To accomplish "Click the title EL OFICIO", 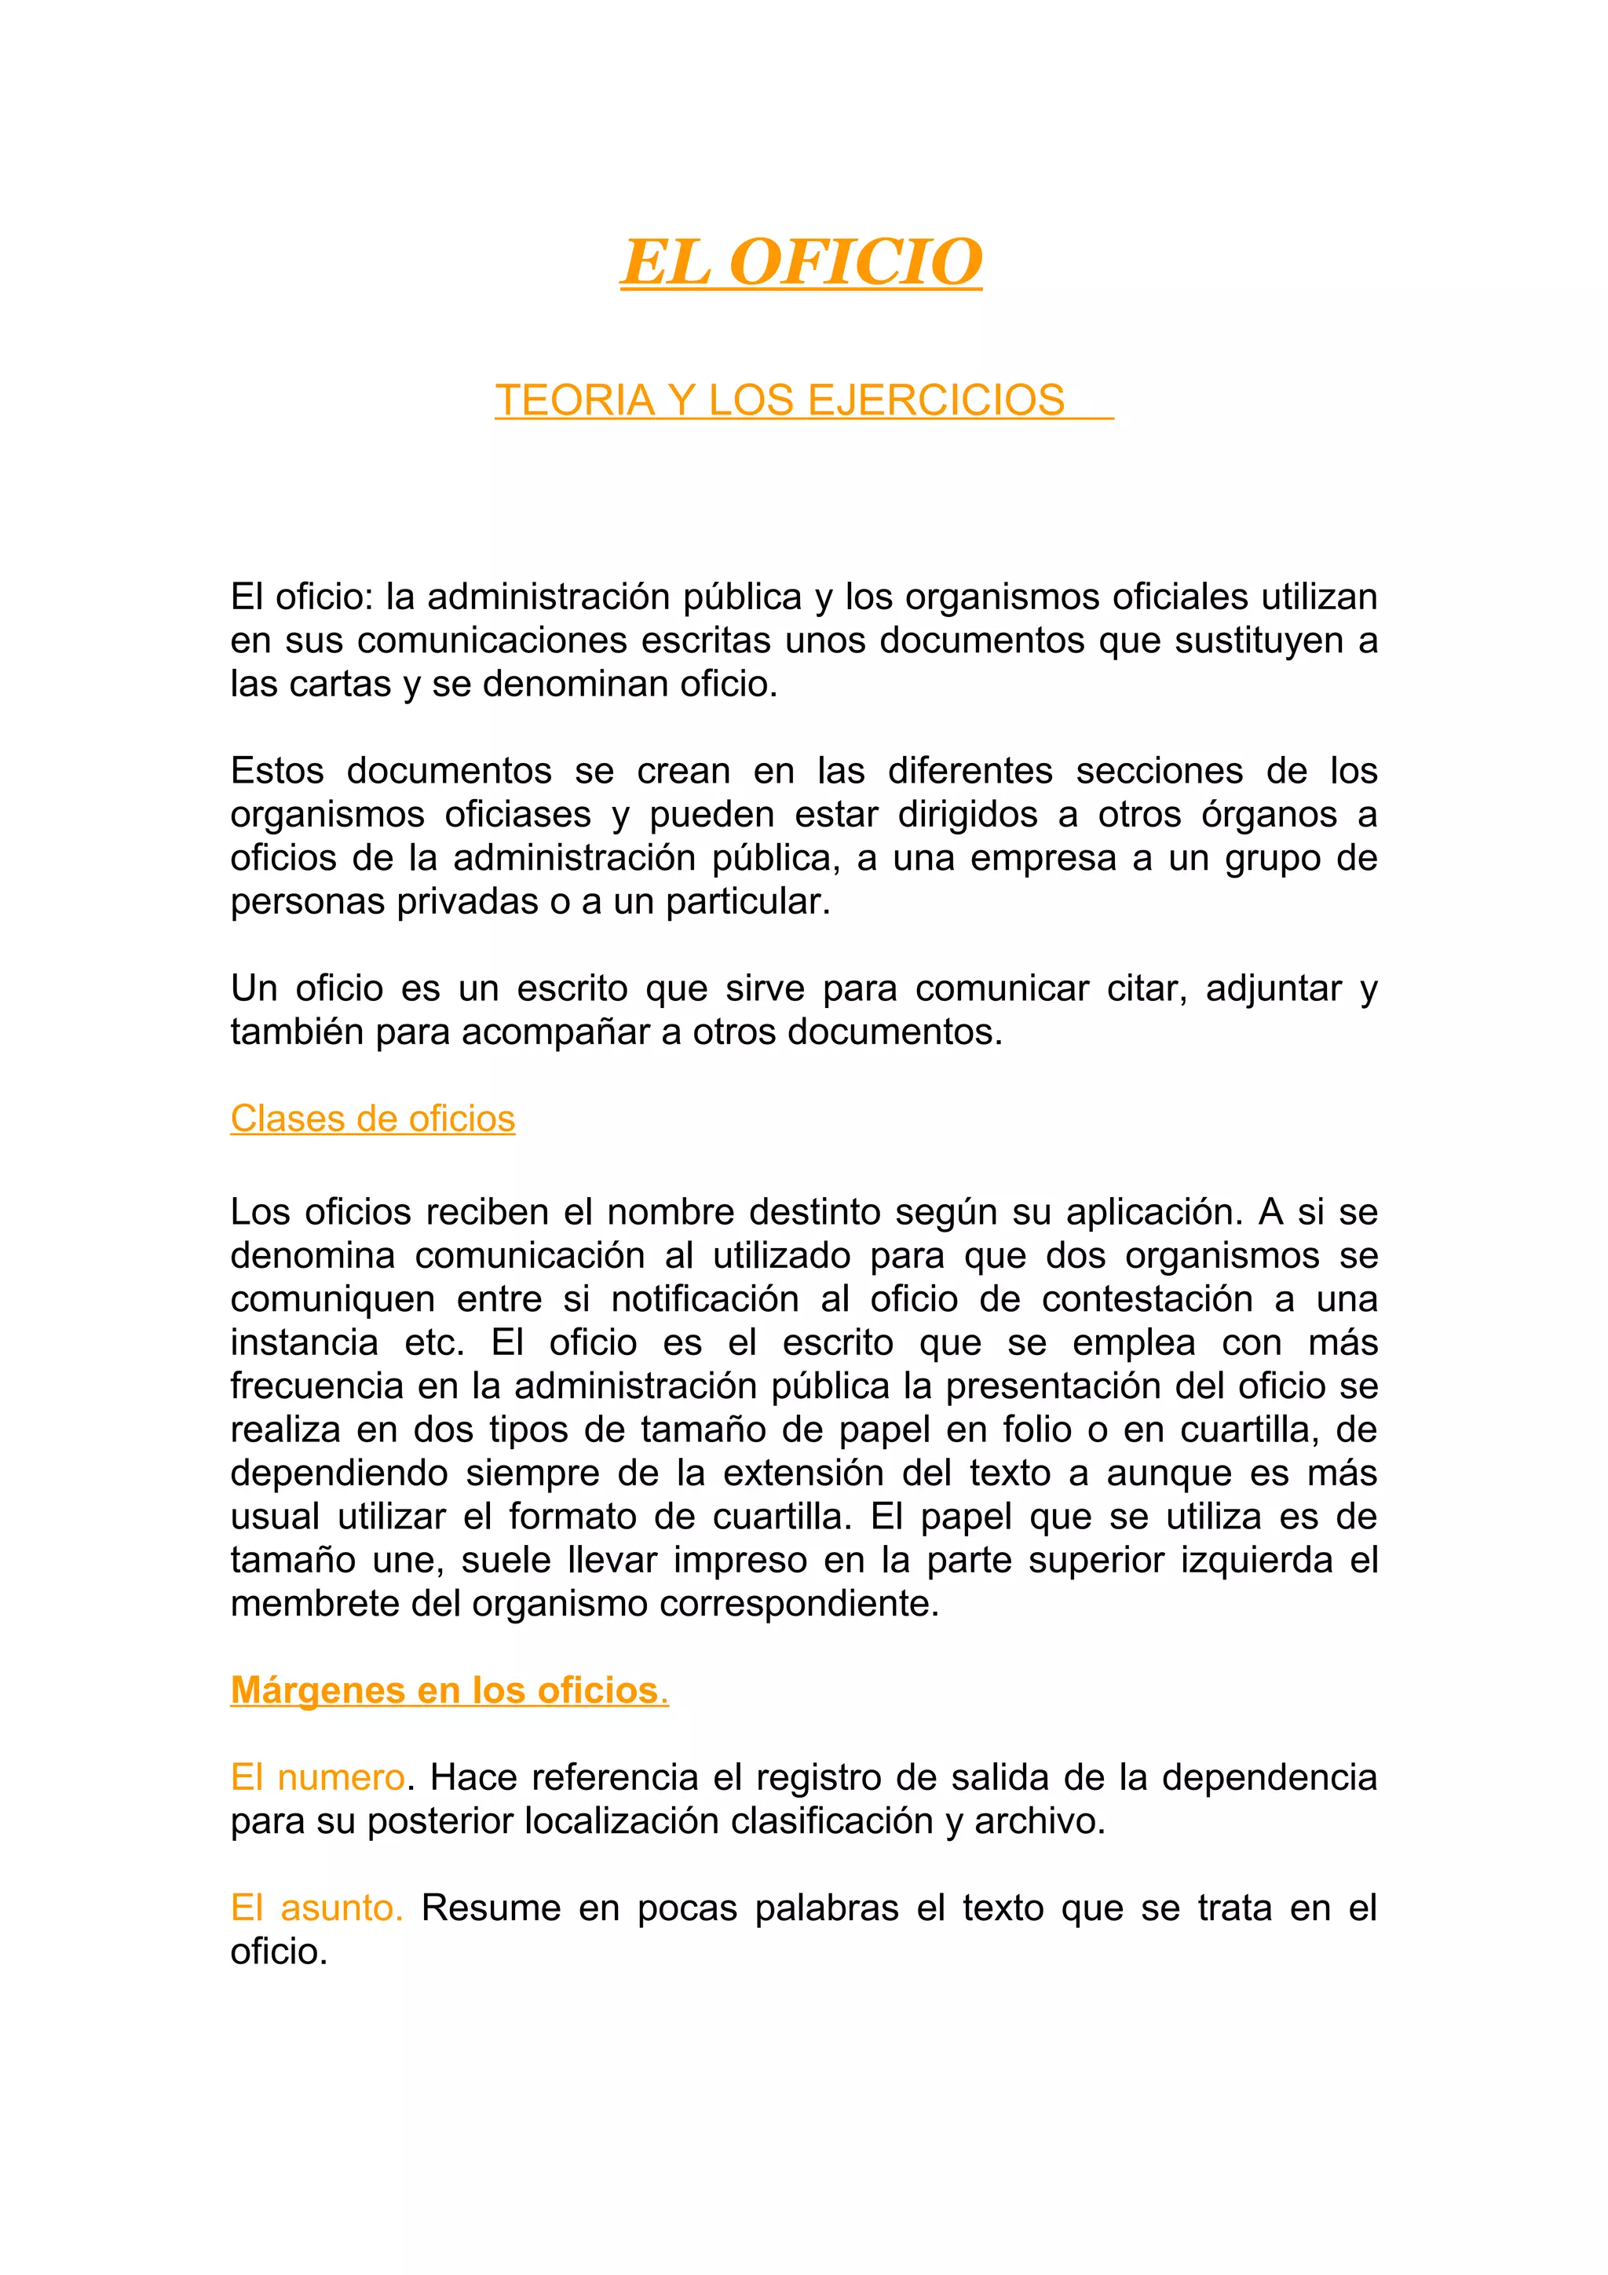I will [801, 261].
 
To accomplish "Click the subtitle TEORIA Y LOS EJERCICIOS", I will [780, 400].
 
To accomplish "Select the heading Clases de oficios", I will [372, 1119].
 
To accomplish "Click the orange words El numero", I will [317, 1777].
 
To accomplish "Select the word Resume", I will [491, 1908].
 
